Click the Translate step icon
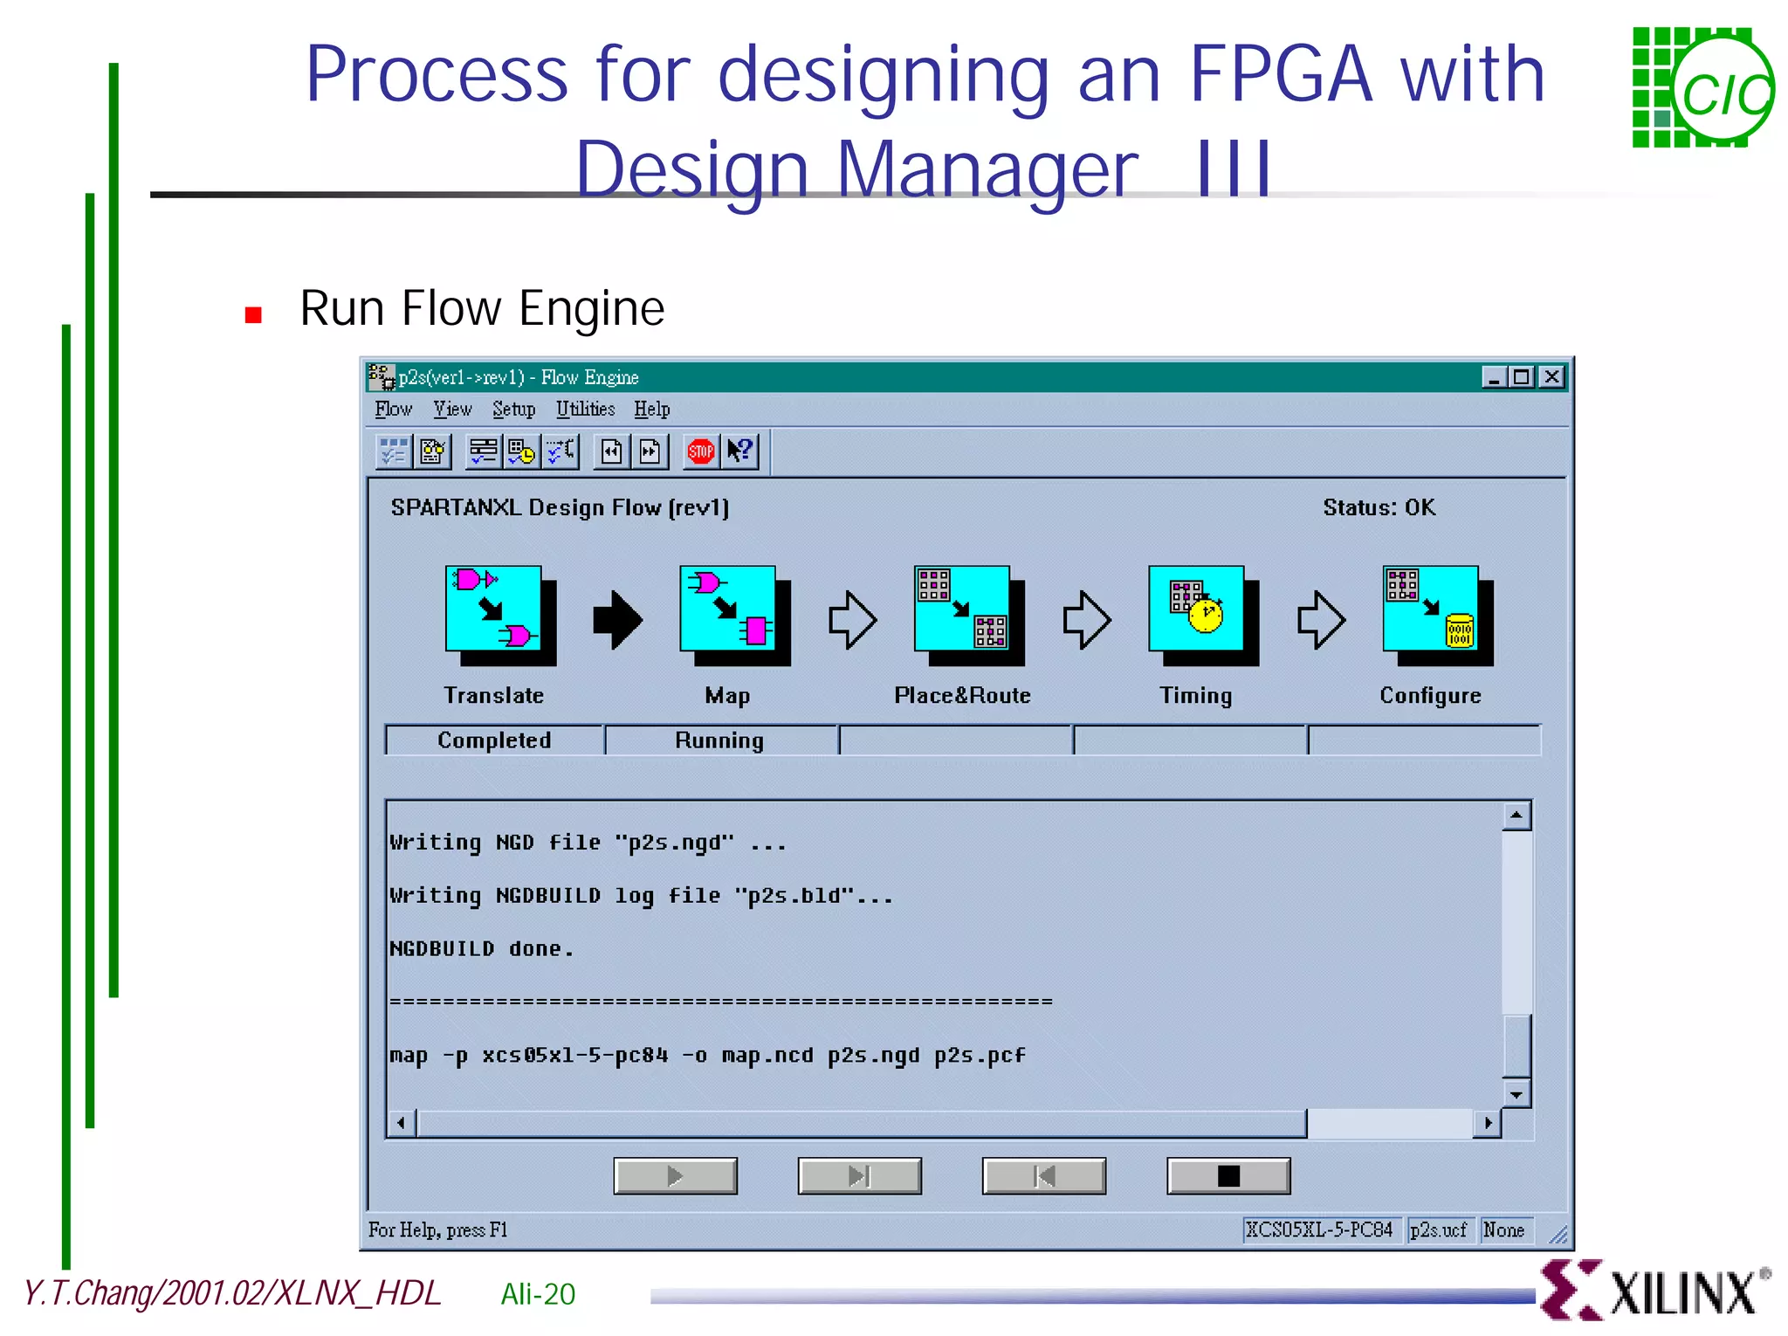(499, 614)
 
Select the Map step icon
(733, 614)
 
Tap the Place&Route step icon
(967, 614)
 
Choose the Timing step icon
(1202, 614)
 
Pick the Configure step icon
(1436, 614)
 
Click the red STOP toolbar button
(700, 451)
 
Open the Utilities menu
(585, 409)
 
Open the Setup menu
(513, 409)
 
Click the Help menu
(651, 409)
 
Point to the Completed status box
(494, 740)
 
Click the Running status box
(720, 740)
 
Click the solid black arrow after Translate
(617, 620)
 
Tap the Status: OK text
(1379, 507)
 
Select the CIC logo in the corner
(1702, 87)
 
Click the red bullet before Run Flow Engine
(253, 315)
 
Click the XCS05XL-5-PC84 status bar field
(1319, 1229)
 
